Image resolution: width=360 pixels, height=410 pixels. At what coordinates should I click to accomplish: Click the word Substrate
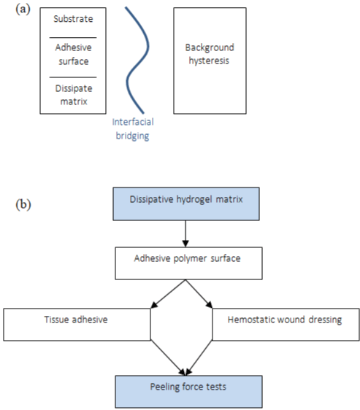(x=73, y=19)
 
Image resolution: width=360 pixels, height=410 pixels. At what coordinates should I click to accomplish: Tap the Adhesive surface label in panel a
(x=73, y=55)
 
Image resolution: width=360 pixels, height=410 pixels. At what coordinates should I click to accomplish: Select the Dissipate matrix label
(x=74, y=95)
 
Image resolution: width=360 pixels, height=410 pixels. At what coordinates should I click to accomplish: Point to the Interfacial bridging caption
(x=133, y=129)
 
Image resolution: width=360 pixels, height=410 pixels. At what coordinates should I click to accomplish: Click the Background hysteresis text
(x=210, y=54)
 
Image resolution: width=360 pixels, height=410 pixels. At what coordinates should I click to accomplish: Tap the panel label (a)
(x=23, y=9)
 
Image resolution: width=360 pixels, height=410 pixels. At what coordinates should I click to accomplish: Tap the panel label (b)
(x=23, y=204)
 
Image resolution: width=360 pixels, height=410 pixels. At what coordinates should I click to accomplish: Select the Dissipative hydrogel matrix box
(x=186, y=204)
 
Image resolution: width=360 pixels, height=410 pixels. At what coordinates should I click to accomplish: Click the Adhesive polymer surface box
(x=188, y=263)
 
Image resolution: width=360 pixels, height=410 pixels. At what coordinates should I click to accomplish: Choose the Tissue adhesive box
(x=77, y=325)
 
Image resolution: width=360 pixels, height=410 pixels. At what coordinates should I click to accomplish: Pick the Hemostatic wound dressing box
(x=286, y=325)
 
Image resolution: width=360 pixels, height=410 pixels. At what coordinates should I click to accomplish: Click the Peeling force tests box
(x=188, y=392)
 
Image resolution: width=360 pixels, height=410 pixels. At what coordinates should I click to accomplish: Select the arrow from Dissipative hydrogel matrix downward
(x=185, y=233)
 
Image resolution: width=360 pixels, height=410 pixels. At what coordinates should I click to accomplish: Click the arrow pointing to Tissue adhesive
(x=169, y=294)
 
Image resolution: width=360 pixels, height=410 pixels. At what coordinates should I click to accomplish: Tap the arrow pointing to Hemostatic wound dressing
(x=199, y=294)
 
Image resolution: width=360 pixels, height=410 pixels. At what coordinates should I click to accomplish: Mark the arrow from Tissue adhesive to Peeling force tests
(x=168, y=357)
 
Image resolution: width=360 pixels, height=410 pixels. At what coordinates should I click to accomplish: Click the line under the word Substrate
(x=73, y=38)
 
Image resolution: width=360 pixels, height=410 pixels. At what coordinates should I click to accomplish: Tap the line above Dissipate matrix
(x=73, y=77)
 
